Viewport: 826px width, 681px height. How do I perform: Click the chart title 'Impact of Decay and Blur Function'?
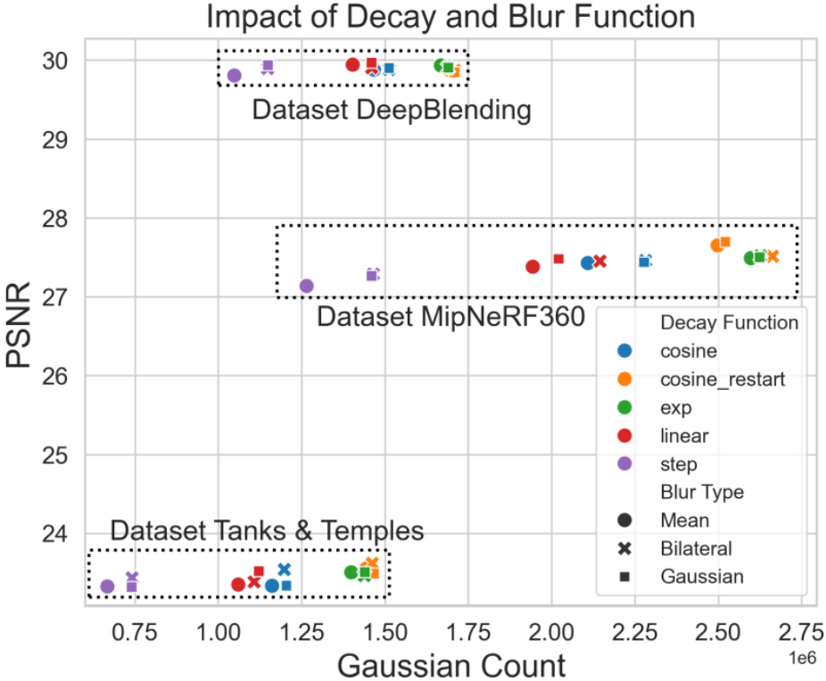click(450, 17)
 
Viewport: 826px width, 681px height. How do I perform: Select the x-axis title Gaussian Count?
click(450, 665)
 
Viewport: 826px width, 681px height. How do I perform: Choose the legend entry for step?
click(679, 464)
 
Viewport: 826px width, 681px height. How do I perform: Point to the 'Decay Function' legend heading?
click(729, 323)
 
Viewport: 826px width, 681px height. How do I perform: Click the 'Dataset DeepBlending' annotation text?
click(392, 111)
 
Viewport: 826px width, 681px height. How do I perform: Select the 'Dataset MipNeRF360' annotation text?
click(450, 317)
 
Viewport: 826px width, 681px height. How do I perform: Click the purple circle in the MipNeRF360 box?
click(306, 286)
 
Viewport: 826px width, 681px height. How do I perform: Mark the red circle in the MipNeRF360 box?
click(533, 266)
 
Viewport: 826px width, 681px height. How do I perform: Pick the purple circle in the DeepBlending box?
click(235, 76)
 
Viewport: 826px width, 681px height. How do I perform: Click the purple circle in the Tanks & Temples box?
click(107, 586)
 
